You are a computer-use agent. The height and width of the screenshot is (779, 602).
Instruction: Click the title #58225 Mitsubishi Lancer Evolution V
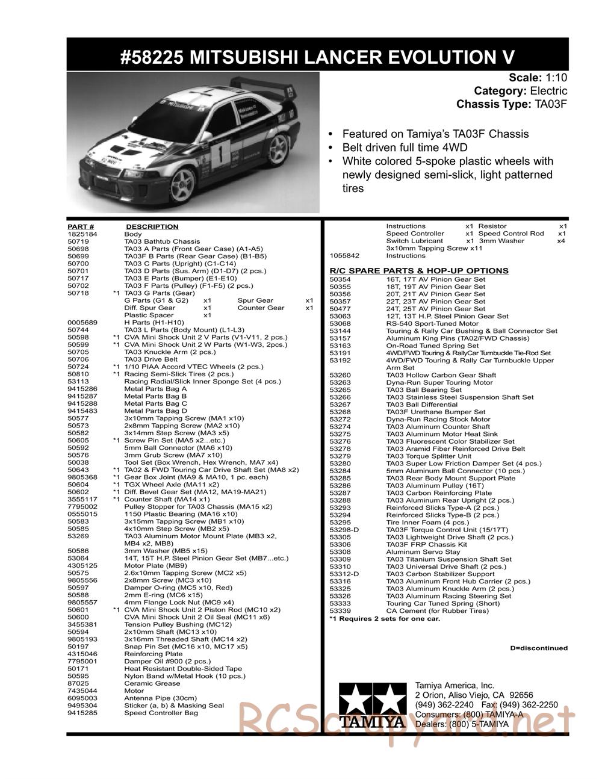317,57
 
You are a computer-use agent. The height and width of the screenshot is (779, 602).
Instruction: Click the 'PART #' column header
81,227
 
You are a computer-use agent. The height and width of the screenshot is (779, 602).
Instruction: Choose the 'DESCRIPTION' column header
152,227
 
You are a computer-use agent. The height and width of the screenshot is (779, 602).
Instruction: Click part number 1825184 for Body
79,234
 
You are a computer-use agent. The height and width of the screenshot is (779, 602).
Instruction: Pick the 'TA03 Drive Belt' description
150,359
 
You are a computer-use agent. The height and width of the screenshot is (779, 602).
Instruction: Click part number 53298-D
344,530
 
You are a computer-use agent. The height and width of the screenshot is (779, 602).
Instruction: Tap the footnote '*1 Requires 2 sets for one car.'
385,618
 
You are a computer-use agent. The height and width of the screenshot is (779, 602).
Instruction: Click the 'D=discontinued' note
538,648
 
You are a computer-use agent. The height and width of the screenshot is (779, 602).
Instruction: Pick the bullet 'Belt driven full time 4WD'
405,147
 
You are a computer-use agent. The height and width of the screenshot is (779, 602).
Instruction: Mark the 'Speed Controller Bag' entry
161,713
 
